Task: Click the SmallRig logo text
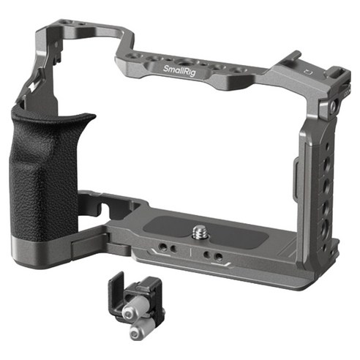179,70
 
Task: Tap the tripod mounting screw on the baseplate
199,233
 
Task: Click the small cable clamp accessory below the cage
135,305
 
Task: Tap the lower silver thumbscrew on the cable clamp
141,329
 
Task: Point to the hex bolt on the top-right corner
333,106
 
